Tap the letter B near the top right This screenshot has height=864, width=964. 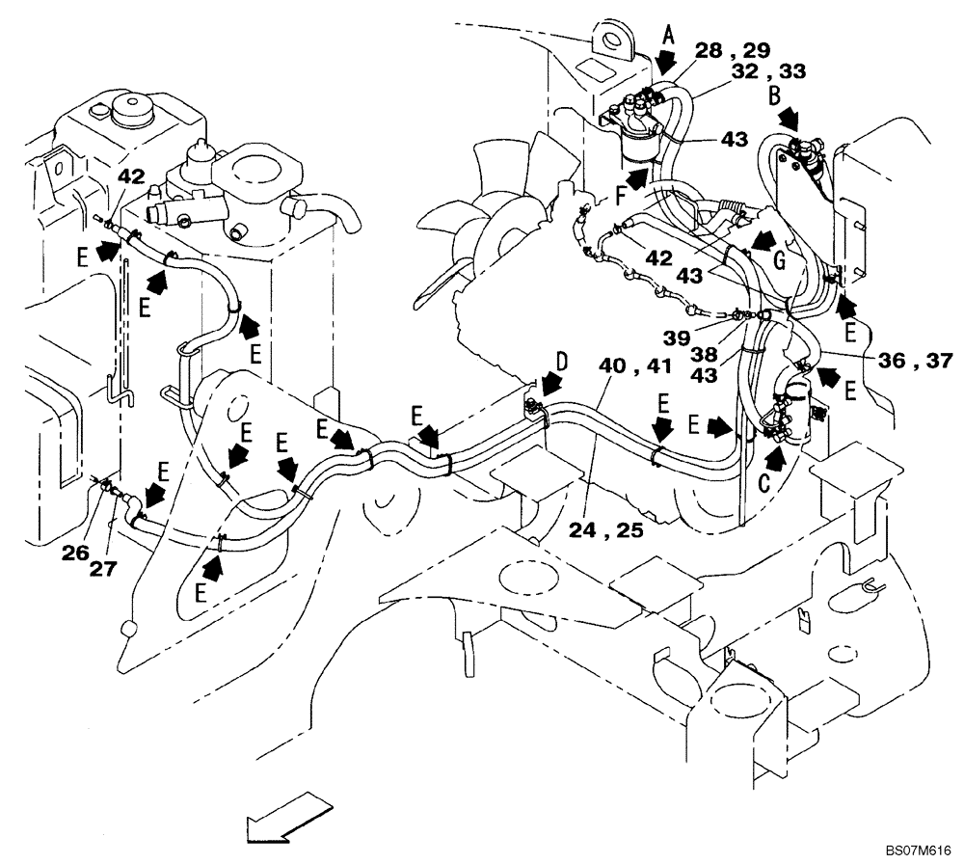[775, 96]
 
